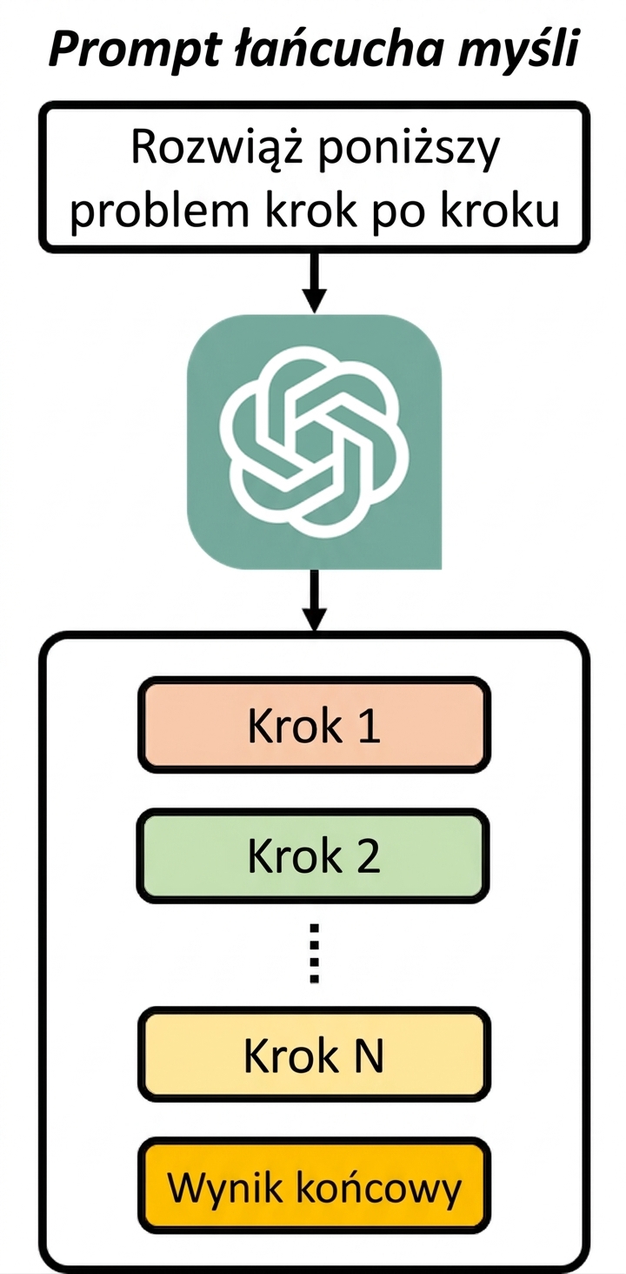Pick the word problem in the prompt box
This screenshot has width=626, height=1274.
pos(160,211)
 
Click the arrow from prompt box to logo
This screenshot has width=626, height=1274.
pos(314,282)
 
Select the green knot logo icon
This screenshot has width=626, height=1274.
pos(314,441)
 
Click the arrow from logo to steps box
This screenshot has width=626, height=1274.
pos(314,600)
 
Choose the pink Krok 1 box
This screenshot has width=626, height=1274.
pos(314,725)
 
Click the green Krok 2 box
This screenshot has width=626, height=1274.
pos(314,856)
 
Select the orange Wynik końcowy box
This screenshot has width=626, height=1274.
pos(314,1187)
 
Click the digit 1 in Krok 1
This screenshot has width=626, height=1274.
pos(370,726)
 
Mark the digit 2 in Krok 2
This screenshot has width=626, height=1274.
pos(368,856)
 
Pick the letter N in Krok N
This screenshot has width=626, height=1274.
pos(368,1056)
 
